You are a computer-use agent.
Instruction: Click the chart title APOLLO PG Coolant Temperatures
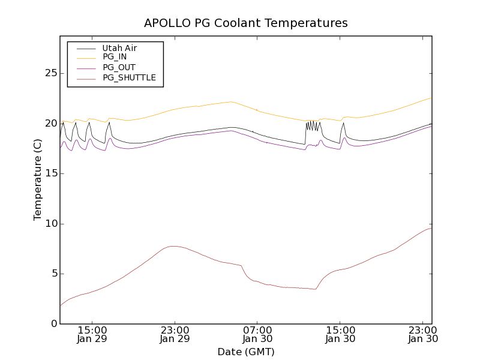click(246, 23)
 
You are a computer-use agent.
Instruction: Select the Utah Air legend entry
click(119, 48)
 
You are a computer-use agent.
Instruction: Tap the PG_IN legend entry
click(115, 57)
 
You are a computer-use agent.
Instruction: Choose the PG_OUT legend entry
click(119, 67)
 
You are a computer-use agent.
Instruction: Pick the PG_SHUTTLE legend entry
click(129, 77)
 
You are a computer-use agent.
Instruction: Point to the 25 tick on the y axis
click(50, 73)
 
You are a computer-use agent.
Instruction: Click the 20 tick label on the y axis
click(50, 124)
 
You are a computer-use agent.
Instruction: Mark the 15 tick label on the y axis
click(50, 173)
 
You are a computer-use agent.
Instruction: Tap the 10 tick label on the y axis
click(50, 224)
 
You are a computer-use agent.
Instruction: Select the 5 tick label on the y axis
click(53, 274)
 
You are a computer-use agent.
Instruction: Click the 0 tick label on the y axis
click(53, 324)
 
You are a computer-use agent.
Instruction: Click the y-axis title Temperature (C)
click(38, 180)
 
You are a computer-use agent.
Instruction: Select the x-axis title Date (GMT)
click(246, 352)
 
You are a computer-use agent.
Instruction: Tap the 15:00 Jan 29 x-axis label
click(92, 334)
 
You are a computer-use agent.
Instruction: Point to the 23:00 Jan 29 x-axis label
click(175, 334)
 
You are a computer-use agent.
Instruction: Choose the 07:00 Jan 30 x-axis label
click(257, 334)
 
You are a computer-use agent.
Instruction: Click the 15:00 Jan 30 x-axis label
click(340, 334)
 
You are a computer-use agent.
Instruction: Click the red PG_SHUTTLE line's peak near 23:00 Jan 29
click(173, 246)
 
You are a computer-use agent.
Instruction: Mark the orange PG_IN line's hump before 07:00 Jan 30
click(230, 102)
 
